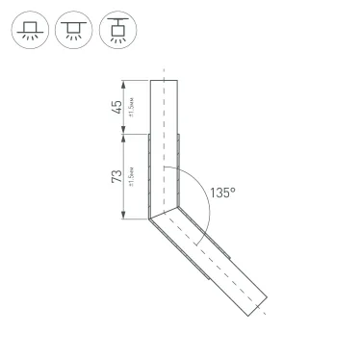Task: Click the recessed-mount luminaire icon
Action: (28, 31)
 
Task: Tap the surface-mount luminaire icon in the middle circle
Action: (73, 31)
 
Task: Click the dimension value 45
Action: (117, 107)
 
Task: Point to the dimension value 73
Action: (117, 176)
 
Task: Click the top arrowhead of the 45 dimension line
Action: (122, 82)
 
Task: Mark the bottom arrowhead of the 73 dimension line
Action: (122, 217)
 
